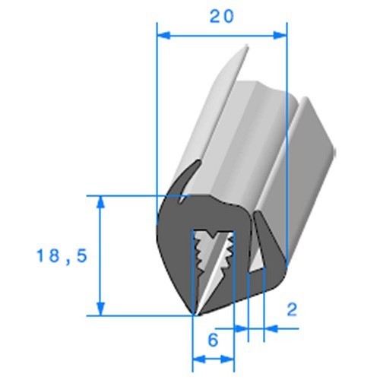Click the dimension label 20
tap(222, 17)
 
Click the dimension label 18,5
tap(62, 256)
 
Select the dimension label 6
tap(213, 340)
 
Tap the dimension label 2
tap(292, 309)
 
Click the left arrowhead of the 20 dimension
tap(163, 36)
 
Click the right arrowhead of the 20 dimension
tap(280, 36)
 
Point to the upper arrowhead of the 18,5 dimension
tap(101, 202)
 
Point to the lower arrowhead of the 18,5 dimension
tap(101, 309)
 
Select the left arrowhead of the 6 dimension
tap(199, 359)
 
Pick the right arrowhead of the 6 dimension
tap(227, 359)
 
